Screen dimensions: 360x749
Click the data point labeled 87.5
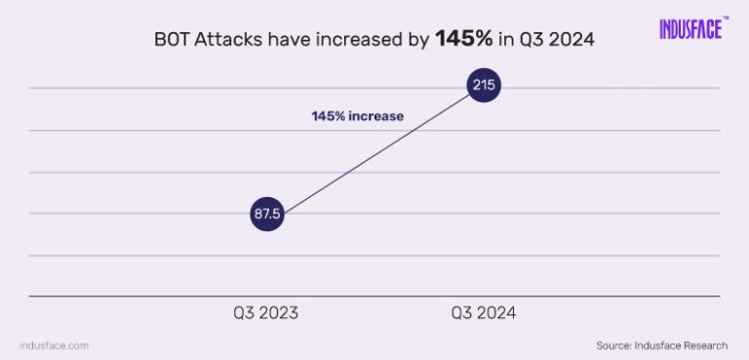click(x=266, y=215)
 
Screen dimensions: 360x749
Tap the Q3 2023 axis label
click(x=265, y=313)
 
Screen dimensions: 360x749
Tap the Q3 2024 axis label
click(x=484, y=313)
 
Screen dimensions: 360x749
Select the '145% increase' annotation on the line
click(x=357, y=116)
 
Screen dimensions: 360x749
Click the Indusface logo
click(x=690, y=29)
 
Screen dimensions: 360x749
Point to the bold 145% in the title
click(x=463, y=41)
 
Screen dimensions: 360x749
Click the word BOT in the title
click(x=173, y=41)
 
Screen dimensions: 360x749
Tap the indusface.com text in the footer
click(x=55, y=345)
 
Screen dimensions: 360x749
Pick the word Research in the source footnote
click(x=703, y=345)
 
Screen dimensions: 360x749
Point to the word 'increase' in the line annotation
click(x=377, y=116)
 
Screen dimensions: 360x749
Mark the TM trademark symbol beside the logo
click(x=727, y=18)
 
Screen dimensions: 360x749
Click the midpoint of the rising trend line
click(x=375, y=150)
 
